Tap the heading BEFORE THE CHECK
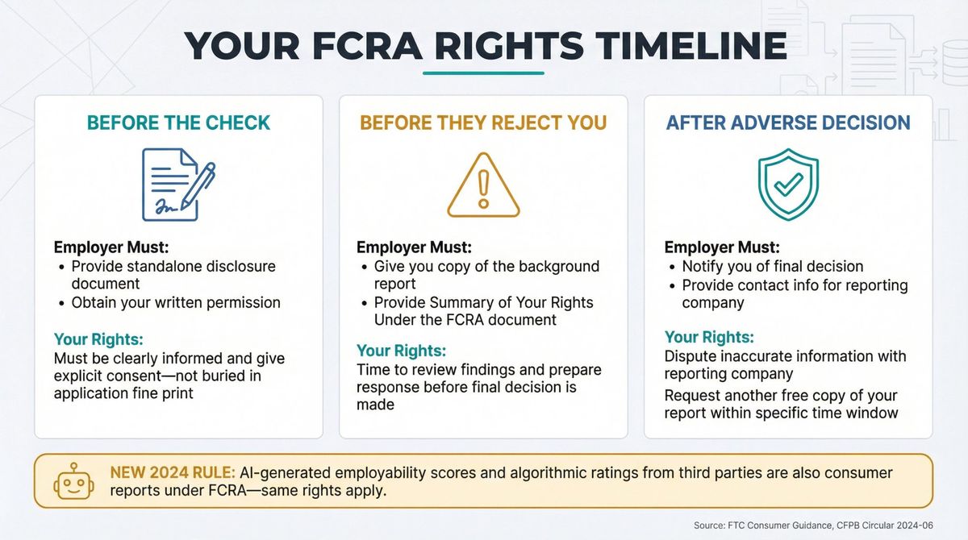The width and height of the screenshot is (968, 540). pyautogui.click(x=178, y=123)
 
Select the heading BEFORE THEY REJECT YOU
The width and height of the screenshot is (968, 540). pyautogui.click(x=483, y=123)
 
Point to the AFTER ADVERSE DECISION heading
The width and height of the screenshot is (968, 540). pyautogui.click(x=788, y=123)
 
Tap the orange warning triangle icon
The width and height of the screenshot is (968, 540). pyautogui.click(x=483, y=185)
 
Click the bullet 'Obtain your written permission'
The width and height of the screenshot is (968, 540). pyautogui.click(x=176, y=303)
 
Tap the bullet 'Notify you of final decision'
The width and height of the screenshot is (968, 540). pyautogui.click(x=773, y=266)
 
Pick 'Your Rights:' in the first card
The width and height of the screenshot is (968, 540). pyautogui.click(x=98, y=339)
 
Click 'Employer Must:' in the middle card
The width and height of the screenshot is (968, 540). pyautogui.click(x=414, y=247)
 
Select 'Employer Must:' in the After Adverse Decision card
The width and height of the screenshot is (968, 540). pyautogui.click(x=722, y=247)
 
